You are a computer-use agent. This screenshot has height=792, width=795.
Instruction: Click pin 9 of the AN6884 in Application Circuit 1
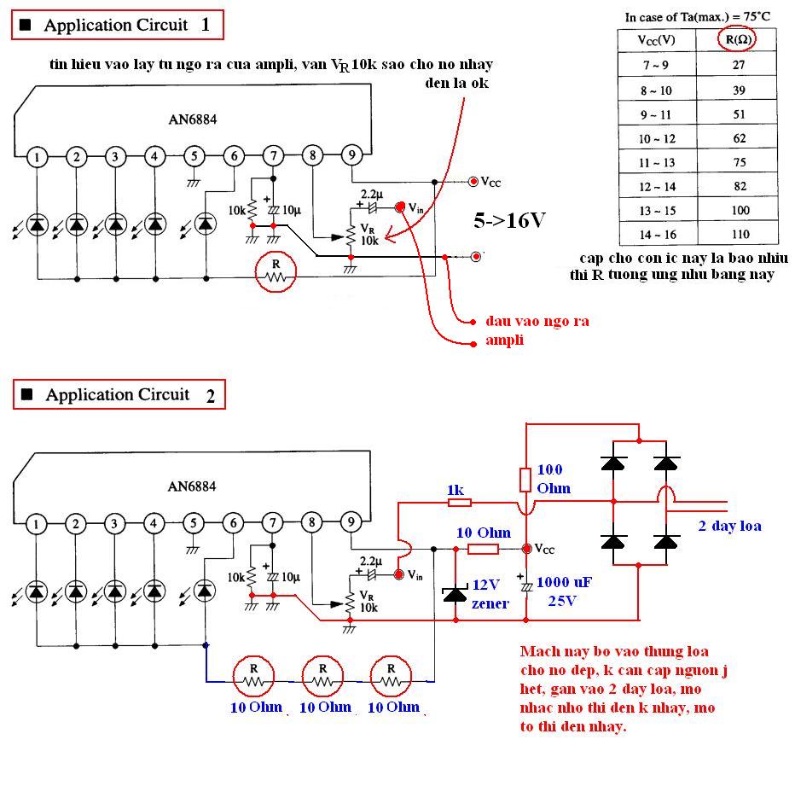pyautogui.click(x=351, y=155)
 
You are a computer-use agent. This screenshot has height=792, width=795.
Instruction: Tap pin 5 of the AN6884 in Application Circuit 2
pyautogui.click(x=194, y=523)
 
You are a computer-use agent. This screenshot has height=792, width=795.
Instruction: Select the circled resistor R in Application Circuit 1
pyautogui.click(x=276, y=271)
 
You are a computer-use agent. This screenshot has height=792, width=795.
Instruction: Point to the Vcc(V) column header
pyautogui.click(x=657, y=39)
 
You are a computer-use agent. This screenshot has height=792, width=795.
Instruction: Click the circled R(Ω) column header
pyautogui.click(x=739, y=39)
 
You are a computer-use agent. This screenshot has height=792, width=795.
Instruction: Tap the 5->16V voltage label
pyautogui.click(x=509, y=220)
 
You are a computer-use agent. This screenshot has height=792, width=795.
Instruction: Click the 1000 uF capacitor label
pyautogui.click(x=570, y=584)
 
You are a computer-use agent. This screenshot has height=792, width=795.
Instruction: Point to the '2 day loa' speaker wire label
pyautogui.click(x=729, y=527)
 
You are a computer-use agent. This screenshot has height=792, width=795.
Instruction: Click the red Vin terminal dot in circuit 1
pyautogui.click(x=399, y=207)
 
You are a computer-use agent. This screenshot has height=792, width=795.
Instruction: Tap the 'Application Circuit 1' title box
pyautogui.click(x=118, y=26)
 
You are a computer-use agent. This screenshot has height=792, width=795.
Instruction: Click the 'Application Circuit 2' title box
pyautogui.click(x=118, y=394)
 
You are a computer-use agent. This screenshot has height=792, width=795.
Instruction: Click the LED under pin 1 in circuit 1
pyautogui.click(x=37, y=224)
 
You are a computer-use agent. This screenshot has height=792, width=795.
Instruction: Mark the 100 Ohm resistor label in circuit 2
pyautogui.click(x=550, y=479)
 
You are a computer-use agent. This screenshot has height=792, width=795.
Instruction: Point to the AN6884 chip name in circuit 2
pyautogui.click(x=192, y=486)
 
